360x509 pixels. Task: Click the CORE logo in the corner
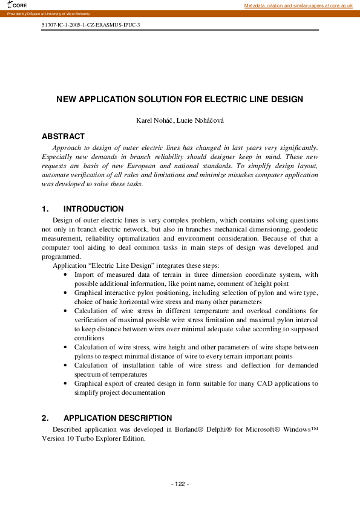pyautogui.click(x=18, y=5)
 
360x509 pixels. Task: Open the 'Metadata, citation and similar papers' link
pyautogui.click(x=298, y=5)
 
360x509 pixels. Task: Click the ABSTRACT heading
pyautogui.click(x=63, y=137)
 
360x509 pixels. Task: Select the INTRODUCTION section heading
pyautogui.click(x=93, y=209)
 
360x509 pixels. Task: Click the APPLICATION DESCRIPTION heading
pyautogui.click(x=117, y=418)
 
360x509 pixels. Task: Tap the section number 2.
pyautogui.click(x=45, y=418)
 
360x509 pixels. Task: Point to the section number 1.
pyautogui.click(x=45, y=209)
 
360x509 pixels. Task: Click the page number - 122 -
pyautogui.click(x=180, y=484)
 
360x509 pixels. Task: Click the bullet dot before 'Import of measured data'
pyautogui.click(x=65, y=274)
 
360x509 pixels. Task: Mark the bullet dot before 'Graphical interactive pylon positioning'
pyautogui.click(x=65, y=293)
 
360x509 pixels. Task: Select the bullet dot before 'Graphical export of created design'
pyautogui.click(x=65, y=383)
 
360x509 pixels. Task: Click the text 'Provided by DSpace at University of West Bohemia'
pyautogui.click(x=48, y=13)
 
